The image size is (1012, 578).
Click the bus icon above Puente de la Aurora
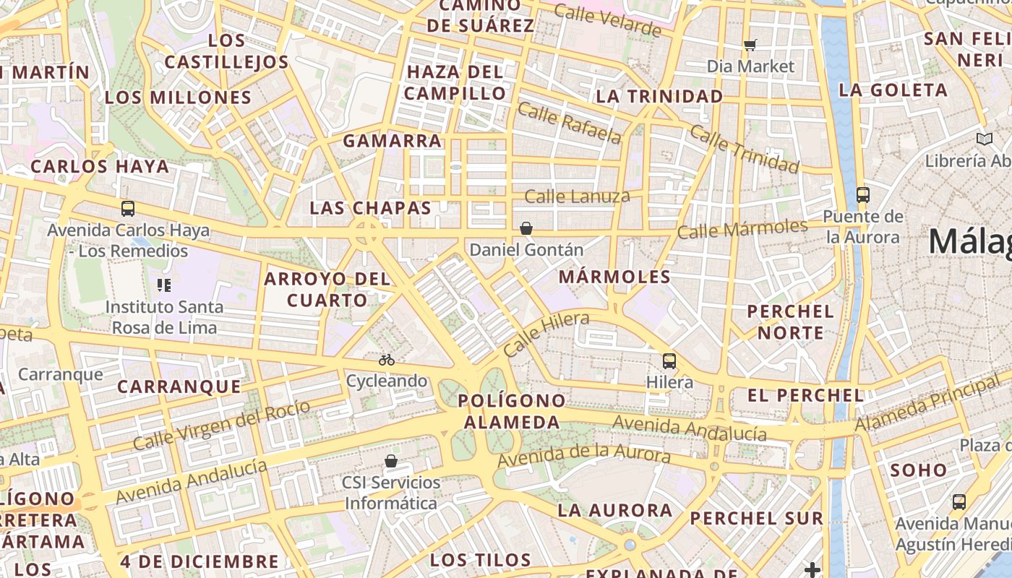pos(862,194)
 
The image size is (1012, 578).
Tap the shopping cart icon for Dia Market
pos(750,45)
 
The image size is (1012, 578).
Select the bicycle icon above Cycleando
pos(387,359)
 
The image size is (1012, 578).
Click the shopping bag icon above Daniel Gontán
pos(526,228)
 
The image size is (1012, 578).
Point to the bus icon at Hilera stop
pos(669,361)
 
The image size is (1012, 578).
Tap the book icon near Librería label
pos(984,139)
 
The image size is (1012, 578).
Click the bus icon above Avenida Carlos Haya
pos(128,209)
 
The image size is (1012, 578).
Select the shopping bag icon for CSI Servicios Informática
pos(391,460)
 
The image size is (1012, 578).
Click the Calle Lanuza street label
pos(577,196)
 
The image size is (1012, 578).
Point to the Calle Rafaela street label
pos(569,123)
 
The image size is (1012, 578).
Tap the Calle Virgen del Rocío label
pos(222,424)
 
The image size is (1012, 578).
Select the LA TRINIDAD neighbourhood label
pos(659,96)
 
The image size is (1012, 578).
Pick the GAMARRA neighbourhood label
pos(392,140)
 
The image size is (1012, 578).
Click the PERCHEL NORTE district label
pos(790,322)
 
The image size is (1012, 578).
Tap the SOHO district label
pos(918,470)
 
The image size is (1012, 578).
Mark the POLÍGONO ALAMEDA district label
pos(512,411)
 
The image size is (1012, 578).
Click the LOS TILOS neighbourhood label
pos(481,560)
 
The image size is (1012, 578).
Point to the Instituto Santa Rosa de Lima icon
pos(164,285)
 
